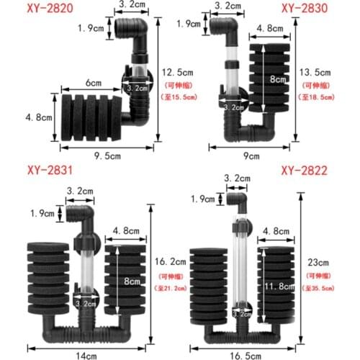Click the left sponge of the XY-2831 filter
click(x=45, y=278)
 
